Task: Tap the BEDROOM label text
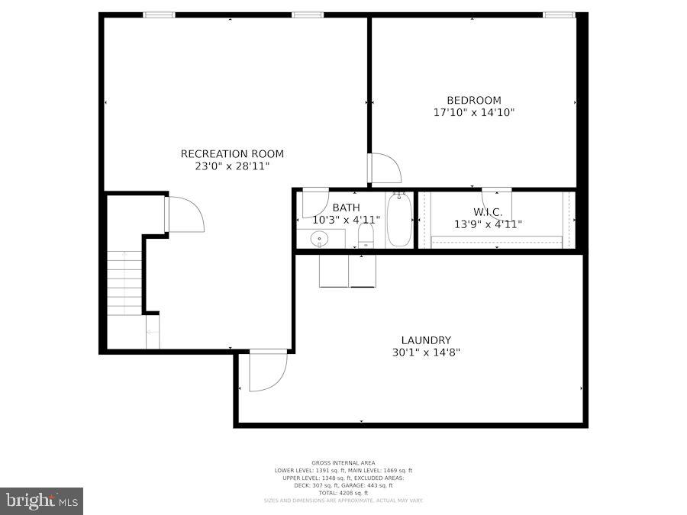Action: tap(473, 100)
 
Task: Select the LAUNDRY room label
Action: tap(426, 340)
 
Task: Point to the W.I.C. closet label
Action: tap(488, 211)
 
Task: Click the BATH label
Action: tap(346, 208)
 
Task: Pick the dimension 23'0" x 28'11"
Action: tap(225, 166)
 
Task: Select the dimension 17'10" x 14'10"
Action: tap(473, 112)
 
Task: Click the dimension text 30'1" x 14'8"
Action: tap(426, 352)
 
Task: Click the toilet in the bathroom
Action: tap(366, 235)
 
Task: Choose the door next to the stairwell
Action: tap(185, 214)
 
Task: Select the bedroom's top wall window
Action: tap(559, 14)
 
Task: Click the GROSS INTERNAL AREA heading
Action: tap(343, 463)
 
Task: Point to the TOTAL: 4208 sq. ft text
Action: tap(343, 493)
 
